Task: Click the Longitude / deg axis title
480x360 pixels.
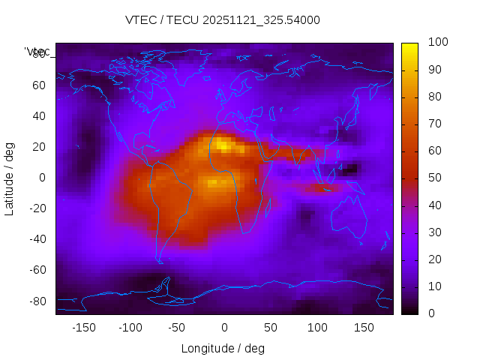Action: coord(223,349)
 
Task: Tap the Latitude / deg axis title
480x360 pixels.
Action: coord(10,178)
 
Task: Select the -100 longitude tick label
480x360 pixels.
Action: coord(130,328)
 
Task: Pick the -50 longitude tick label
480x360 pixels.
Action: coord(177,328)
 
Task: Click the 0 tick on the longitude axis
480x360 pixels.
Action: coord(223,328)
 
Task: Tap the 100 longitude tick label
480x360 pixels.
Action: coord(317,328)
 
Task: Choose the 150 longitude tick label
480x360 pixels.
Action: coord(364,328)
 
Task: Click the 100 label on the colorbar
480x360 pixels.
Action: coord(437,43)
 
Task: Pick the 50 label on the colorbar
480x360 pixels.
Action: coord(434,178)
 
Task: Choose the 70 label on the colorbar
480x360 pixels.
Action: coord(434,124)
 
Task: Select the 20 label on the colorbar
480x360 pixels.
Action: coord(434,259)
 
